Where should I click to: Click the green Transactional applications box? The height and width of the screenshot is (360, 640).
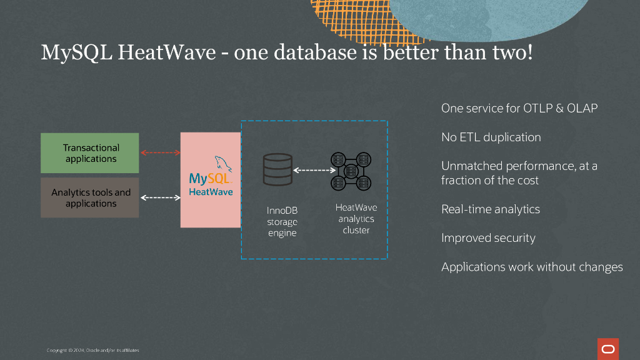tap(89, 153)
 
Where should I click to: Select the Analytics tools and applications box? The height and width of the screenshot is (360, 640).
tap(89, 197)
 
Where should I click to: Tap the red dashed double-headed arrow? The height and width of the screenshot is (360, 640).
tap(160, 152)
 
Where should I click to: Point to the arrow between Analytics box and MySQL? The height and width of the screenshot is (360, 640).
tap(160, 197)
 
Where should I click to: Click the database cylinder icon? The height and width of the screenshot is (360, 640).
tap(277, 169)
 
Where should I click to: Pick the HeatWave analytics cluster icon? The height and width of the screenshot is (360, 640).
tap(351, 171)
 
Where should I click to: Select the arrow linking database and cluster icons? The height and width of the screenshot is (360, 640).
tap(314, 170)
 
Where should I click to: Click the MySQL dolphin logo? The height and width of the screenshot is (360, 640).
tap(222, 166)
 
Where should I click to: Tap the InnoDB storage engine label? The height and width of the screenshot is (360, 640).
tap(282, 222)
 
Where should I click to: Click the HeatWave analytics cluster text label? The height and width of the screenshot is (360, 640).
tap(356, 219)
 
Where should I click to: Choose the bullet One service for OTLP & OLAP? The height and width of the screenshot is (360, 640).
tap(519, 108)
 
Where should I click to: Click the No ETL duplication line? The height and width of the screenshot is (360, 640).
tap(491, 137)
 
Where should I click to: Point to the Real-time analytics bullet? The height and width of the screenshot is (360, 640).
tap(490, 209)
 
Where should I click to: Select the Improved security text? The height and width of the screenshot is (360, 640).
tap(488, 237)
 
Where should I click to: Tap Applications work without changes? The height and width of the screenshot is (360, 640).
tap(532, 267)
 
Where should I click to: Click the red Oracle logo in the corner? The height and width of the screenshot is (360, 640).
tap(607, 349)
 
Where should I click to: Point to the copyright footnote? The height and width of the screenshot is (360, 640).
tap(92, 350)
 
